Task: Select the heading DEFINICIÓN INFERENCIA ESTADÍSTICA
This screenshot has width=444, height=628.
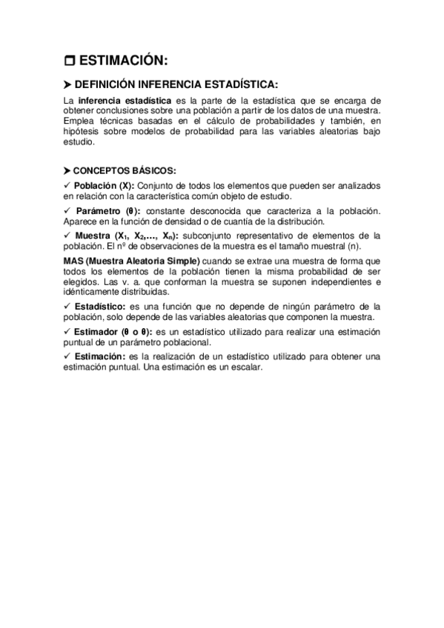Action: coord(188,84)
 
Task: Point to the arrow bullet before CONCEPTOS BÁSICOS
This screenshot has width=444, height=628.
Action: coord(67,170)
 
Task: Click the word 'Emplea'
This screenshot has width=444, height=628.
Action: coord(79,121)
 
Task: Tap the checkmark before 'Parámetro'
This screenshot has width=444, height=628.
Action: coord(67,211)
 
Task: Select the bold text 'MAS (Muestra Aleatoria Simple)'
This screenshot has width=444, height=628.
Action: coord(122,261)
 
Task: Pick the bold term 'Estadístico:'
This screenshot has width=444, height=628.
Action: coord(100,307)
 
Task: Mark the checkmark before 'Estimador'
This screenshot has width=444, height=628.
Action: coord(67,332)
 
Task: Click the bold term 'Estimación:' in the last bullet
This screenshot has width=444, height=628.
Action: coord(100,357)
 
